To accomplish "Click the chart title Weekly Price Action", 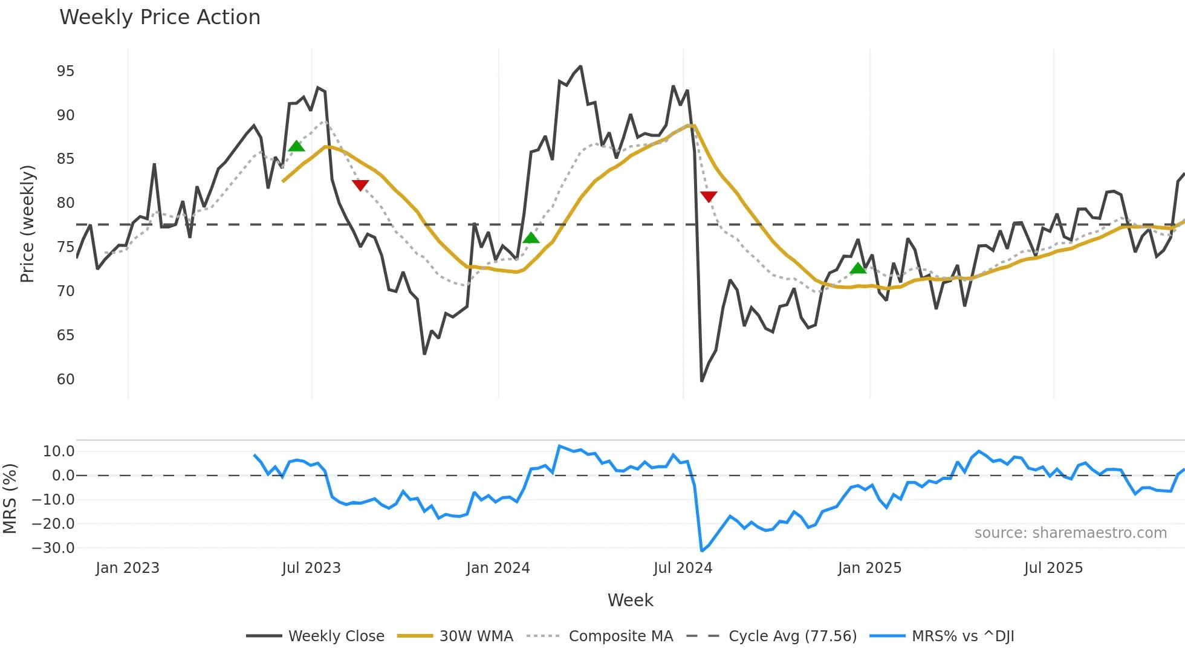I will [x=160, y=18].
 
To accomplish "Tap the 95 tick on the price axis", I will [x=65, y=71].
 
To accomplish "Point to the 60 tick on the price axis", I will [x=65, y=380].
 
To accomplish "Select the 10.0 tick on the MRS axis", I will [x=59, y=451].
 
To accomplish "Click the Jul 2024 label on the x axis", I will [x=683, y=568].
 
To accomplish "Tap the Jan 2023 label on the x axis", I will [x=128, y=568].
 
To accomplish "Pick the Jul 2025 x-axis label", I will [x=1053, y=568].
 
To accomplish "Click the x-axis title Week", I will [x=630, y=600].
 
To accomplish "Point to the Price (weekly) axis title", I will [x=27, y=224].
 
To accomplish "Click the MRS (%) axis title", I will [x=10, y=499].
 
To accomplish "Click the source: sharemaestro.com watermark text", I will [x=1070, y=533].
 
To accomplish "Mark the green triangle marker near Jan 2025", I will [x=857, y=268].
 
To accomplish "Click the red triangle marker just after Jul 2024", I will [x=709, y=196].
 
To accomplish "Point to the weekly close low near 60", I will [x=701, y=381].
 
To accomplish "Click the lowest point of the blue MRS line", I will [x=701, y=551].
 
